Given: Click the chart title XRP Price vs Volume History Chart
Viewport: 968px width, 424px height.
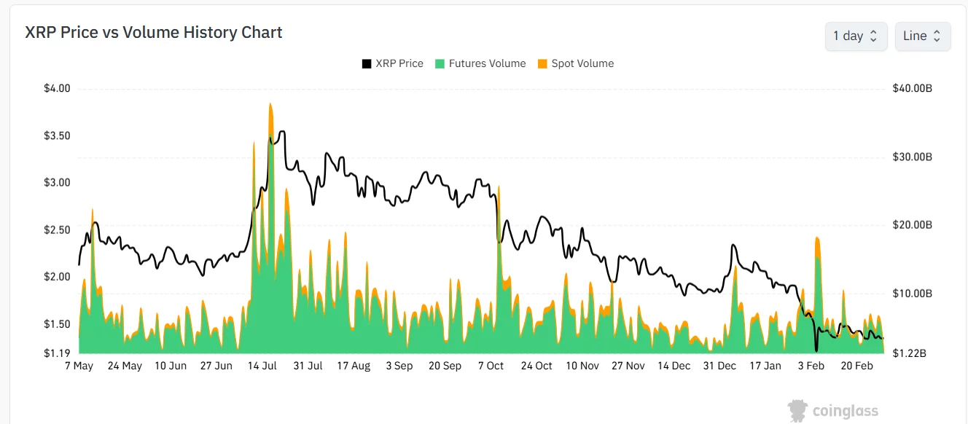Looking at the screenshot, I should pyautogui.click(x=154, y=33).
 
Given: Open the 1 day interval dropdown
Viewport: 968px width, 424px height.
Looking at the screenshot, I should pyautogui.click(x=856, y=36).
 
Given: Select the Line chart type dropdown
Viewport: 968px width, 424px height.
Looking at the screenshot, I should pyautogui.click(x=922, y=36).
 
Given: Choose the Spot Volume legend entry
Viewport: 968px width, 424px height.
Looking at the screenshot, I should pyautogui.click(x=575, y=63).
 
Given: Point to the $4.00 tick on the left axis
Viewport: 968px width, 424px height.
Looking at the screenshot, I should pyautogui.click(x=57, y=89).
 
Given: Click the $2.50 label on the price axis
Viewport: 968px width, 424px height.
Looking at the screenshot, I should pyautogui.click(x=57, y=230).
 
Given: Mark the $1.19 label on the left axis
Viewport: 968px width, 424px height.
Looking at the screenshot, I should pyautogui.click(x=57, y=353).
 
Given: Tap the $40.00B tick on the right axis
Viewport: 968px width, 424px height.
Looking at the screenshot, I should pyautogui.click(x=912, y=89).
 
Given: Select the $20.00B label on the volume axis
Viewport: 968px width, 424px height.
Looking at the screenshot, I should pyautogui.click(x=912, y=225).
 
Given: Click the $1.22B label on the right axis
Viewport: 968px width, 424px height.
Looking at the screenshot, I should pyautogui.click(x=912, y=353).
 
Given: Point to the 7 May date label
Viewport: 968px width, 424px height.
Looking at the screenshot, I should pyautogui.click(x=79, y=366).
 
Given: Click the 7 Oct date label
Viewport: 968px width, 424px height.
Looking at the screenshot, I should pyautogui.click(x=491, y=366).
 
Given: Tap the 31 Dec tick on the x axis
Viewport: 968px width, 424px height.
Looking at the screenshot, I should pyautogui.click(x=719, y=366).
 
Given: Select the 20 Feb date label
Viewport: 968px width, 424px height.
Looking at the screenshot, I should pyautogui.click(x=857, y=366).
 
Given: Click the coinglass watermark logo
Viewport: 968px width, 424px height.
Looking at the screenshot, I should pyautogui.click(x=833, y=411).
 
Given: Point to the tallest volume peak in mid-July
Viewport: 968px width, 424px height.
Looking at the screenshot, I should pyautogui.click(x=270, y=104).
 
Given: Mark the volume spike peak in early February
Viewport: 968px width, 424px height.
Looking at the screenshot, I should pyautogui.click(x=817, y=238).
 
